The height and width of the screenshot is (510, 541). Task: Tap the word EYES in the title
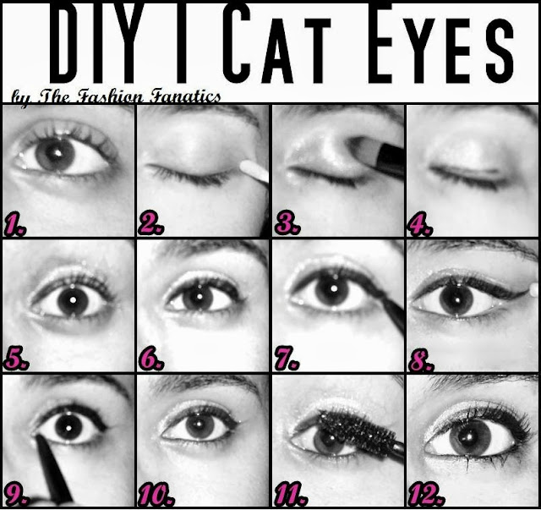pos(440,43)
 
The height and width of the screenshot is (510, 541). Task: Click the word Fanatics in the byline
pos(185,96)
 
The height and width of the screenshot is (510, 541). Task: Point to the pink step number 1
pos(15,224)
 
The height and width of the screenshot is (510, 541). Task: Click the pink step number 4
pos(420,224)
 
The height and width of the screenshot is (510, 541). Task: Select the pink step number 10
pos(156,495)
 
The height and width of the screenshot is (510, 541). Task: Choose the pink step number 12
pos(426,495)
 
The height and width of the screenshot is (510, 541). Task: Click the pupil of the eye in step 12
pos(470,437)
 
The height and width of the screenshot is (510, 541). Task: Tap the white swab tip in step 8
pos(533,290)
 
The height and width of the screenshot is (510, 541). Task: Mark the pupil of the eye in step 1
pos(55,154)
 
